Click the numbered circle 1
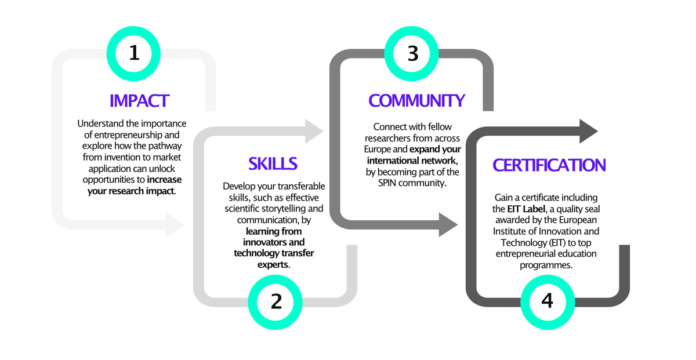[135, 53]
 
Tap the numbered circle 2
[276, 301]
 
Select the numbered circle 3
[413, 53]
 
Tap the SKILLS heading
[273, 164]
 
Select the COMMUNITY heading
[416, 101]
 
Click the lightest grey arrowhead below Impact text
[175, 224]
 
